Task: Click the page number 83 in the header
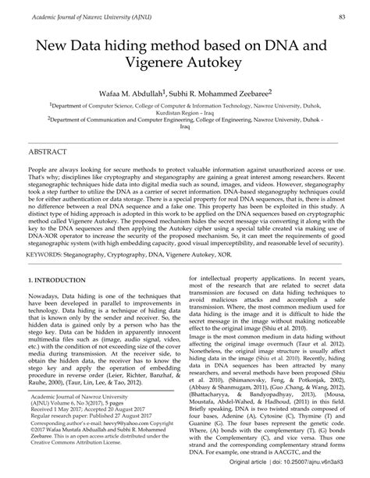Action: coord(343,16)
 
